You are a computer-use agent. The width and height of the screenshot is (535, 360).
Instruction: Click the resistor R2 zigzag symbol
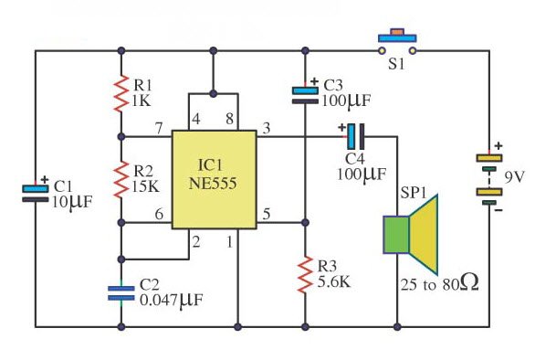(121, 179)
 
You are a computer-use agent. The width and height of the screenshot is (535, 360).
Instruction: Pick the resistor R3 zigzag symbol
(304, 271)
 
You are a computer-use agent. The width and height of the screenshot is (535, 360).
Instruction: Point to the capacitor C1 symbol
(36, 192)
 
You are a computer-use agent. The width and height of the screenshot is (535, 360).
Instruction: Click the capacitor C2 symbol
(121, 291)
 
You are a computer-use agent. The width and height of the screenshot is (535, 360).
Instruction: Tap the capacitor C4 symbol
(353, 137)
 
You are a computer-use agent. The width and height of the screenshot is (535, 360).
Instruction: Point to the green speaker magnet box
(395, 235)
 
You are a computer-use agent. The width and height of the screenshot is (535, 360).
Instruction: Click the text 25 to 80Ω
(437, 285)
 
